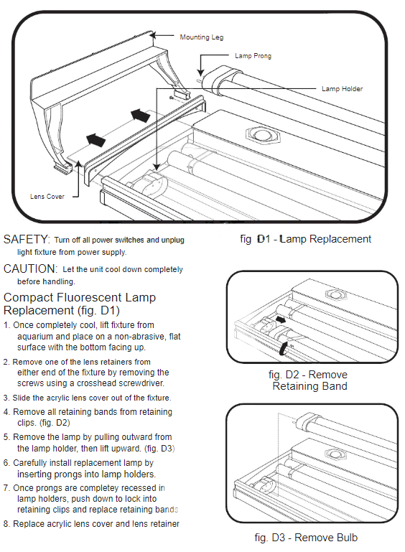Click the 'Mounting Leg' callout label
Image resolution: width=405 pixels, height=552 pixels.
click(x=202, y=37)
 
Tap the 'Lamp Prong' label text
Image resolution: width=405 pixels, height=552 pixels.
click(x=253, y=55)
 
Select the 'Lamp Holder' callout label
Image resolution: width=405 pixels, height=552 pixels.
click(x=342, y=89)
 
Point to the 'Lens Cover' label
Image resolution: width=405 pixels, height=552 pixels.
click(x=47, y=197)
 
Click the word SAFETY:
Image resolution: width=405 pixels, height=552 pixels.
click(x=27, y=239)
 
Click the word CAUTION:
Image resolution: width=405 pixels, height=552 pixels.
click(x=30, y=268)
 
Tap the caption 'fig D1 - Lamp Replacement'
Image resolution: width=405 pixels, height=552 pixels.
click(x=305, y=239)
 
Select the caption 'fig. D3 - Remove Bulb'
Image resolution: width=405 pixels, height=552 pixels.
click(x=306, y=538)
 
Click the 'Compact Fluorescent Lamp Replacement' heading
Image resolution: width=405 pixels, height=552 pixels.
click(x=80, y=304)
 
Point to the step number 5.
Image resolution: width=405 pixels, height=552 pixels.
click(x=6, y=437)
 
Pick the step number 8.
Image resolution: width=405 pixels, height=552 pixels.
click(x=6, y=524)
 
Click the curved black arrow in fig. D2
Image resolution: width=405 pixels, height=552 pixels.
click(x=284, y=348)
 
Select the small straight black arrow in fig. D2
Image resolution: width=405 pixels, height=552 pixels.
click(x=281, y=319)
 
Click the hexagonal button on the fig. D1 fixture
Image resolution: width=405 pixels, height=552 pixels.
click(x=263, y=135)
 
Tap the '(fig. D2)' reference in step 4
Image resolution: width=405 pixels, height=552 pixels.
click(x=55, y=423)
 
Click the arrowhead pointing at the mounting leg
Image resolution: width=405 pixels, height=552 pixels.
click(x=154, y=35)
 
